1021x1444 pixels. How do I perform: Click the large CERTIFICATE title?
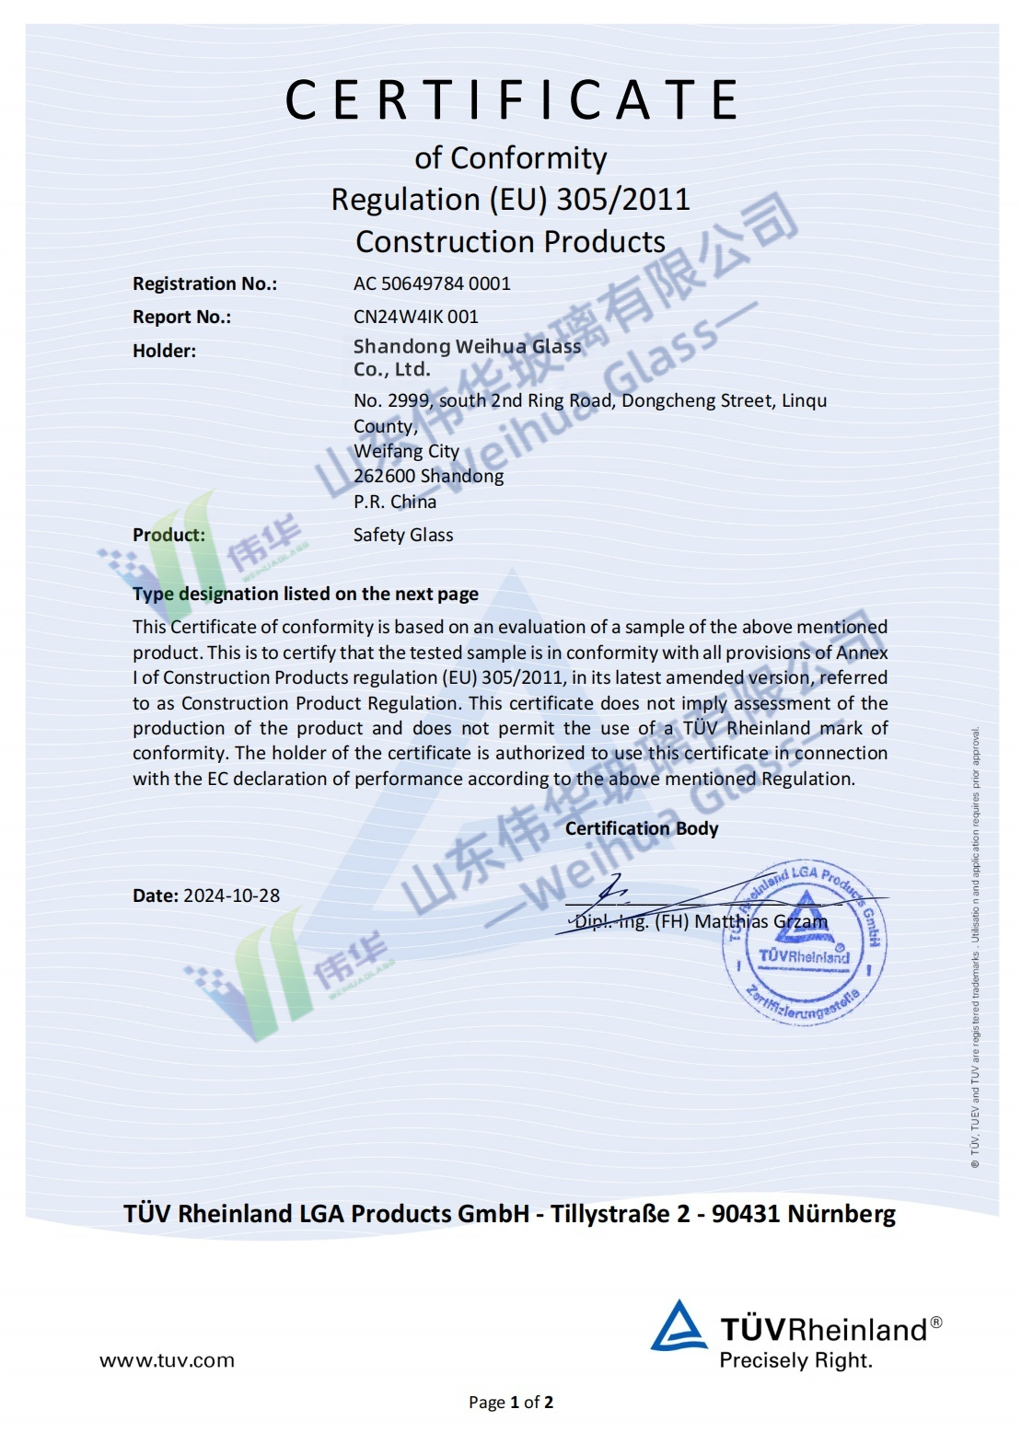tap(511, 100)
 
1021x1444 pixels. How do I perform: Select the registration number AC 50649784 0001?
tap(432, 283)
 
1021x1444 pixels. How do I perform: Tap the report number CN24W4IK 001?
tap(416, 317)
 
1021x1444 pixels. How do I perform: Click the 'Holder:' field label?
tap(164, 351)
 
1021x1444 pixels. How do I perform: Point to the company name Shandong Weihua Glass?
tap(467, 347)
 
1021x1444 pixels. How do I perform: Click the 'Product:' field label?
tap(168, 535)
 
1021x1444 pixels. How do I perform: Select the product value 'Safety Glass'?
tap(403, 535)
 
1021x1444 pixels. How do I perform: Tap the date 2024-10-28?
tap(231, 895)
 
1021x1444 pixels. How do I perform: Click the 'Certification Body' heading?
tap(642, 828)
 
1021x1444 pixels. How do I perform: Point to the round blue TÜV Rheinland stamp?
tap(804, 944)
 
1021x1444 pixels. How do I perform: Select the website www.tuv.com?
tap(167, 1360)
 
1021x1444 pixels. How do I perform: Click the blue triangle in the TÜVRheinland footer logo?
tap(679, 1326)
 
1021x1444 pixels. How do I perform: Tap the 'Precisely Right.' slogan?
tap(795, 1360)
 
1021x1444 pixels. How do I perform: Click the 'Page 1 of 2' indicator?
tap(511, 1402)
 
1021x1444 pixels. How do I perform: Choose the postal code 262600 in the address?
tap(384, 476)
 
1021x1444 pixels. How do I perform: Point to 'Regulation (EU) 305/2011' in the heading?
tap(511, 200)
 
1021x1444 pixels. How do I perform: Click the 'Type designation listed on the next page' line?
tap(306, 594)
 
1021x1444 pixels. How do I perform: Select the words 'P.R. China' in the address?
tap(395, 502)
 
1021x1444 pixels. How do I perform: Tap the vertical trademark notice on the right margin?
tap(975, 948)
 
